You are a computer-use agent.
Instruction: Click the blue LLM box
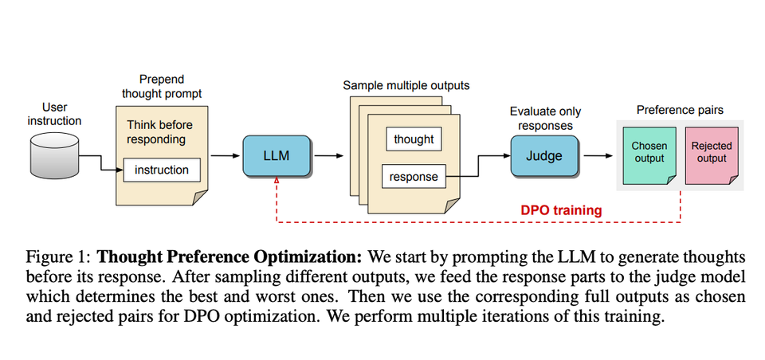click(276, 156)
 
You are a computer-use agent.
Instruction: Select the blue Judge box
click(544, 156)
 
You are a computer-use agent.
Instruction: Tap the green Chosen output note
click(649, 153)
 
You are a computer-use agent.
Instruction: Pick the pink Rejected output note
click(711, 153)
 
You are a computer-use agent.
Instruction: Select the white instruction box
click(162, 170)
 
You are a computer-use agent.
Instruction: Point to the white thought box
click(414, 139)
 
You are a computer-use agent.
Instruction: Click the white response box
click(414, 177)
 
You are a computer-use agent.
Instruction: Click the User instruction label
click(54, 114)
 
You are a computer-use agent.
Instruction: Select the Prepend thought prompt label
click(162, 86)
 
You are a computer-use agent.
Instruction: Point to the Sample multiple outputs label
click(406, 84)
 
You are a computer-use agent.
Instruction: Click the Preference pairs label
click(680, 109)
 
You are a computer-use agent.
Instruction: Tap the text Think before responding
click(159, 132)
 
